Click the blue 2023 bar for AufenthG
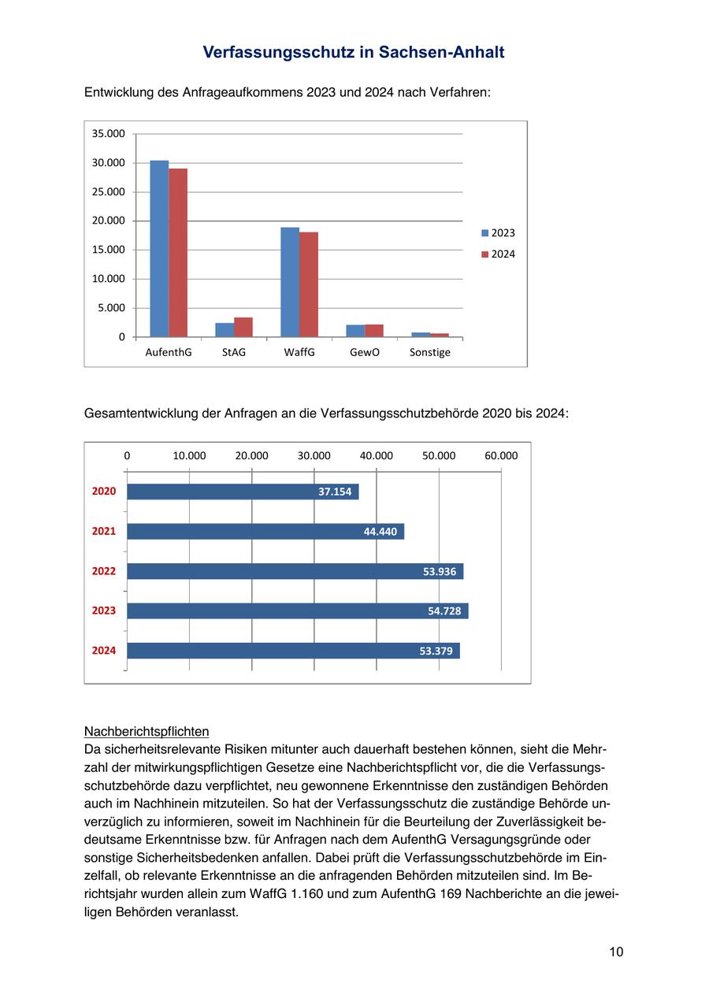[x=159, y=249]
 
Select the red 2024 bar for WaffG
[x=309, y=284]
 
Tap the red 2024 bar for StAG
[x=243, y=327]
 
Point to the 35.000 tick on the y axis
[x=109, y=134]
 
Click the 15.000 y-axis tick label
[x=109, y=250]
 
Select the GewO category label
[x=365, y=352]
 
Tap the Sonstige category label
[x=430, y=352]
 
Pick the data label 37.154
[x=335, y=492]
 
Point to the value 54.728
[x=444, y=610]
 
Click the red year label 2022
[x=104, y=571]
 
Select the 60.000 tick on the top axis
[x=501, y=456]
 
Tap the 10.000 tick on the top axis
[x=189, y=456]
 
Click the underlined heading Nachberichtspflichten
[x=147, y=731]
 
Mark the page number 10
[x=616, y=952]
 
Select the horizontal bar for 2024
[x=293, y=651]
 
